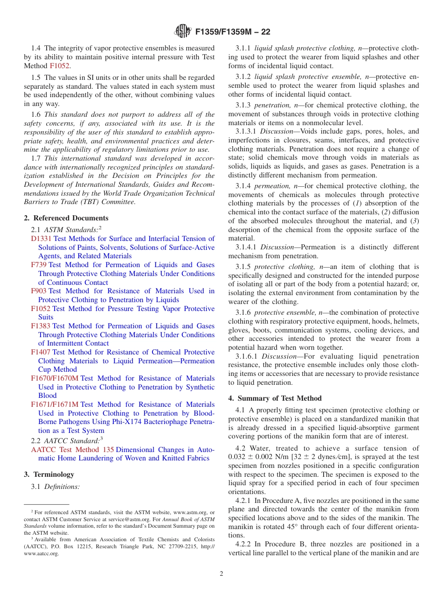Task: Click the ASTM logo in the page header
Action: (x=182, y=32)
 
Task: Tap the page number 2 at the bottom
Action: (x=221, y=573)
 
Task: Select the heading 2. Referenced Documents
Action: (x=66, y=218)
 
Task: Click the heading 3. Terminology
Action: (x=49, y=474)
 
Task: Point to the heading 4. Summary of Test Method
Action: (x=275, y=398)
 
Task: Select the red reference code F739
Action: (x=39, y=265)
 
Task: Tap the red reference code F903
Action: (x=39, y=291)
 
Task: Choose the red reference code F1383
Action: (x=41, y=326)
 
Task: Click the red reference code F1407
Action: (x=41, y=352)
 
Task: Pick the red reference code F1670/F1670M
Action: (x=55, y=378)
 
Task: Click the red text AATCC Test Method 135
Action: (x=72, y=450)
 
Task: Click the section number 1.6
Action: (x=36, y=114)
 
